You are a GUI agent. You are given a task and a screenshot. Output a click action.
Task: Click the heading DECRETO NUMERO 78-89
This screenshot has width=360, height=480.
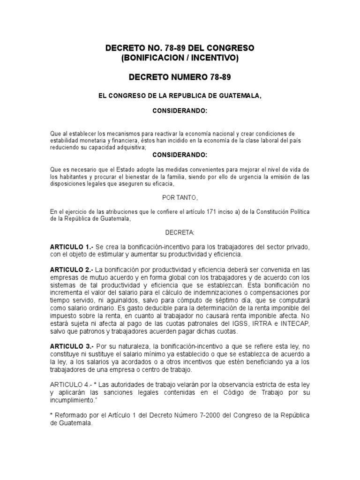point(180,76)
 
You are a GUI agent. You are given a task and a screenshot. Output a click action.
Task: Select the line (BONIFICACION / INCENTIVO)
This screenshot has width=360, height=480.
point(180,58)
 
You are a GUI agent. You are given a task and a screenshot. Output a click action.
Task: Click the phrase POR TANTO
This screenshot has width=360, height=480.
point(180,198)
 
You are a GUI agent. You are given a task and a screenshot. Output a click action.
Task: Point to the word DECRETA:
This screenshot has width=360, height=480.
point(180,232)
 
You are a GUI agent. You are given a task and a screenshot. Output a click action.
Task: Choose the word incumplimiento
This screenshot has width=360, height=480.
point(74,400)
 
